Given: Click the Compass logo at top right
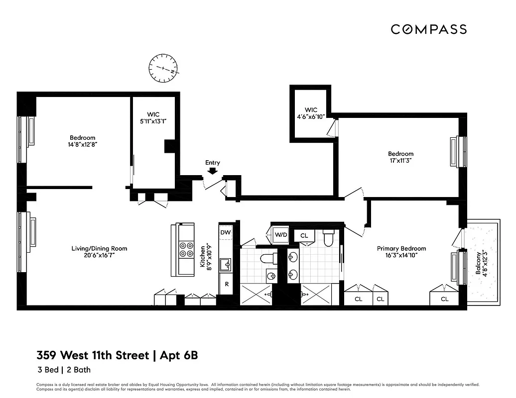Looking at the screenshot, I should coord(428,29).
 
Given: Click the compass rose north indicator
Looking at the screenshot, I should coord(163,69).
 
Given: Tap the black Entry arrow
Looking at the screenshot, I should coord(212,171).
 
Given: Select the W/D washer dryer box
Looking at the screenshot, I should coord(280,234).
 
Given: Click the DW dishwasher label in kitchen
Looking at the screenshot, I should coord(226,232).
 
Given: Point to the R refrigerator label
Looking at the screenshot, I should coord(226,284).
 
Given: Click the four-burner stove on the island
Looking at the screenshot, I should coord(186,249).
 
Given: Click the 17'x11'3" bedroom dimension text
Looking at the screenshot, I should coord(400,161).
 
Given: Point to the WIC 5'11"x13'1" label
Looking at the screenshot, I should coord(153,118).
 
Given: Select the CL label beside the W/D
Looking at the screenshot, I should coord(304,235).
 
